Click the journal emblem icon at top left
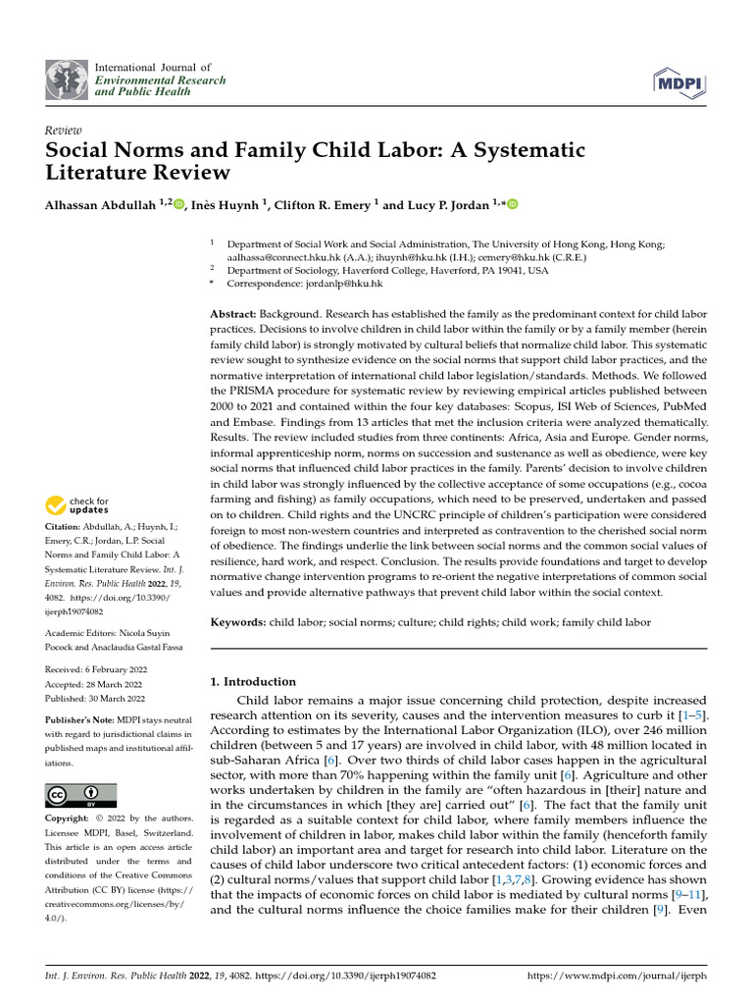[65, 79]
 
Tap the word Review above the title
[64, 131]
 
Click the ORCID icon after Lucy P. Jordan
[512, 204]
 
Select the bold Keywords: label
[239, 623]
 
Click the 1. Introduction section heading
[254, 681]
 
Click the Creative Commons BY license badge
[80, 795]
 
